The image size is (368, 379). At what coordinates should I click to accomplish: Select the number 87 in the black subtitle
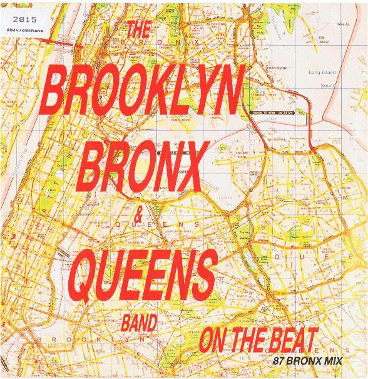[x=279, y=363]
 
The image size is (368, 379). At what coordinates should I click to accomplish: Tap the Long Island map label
[x=324, y=73]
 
